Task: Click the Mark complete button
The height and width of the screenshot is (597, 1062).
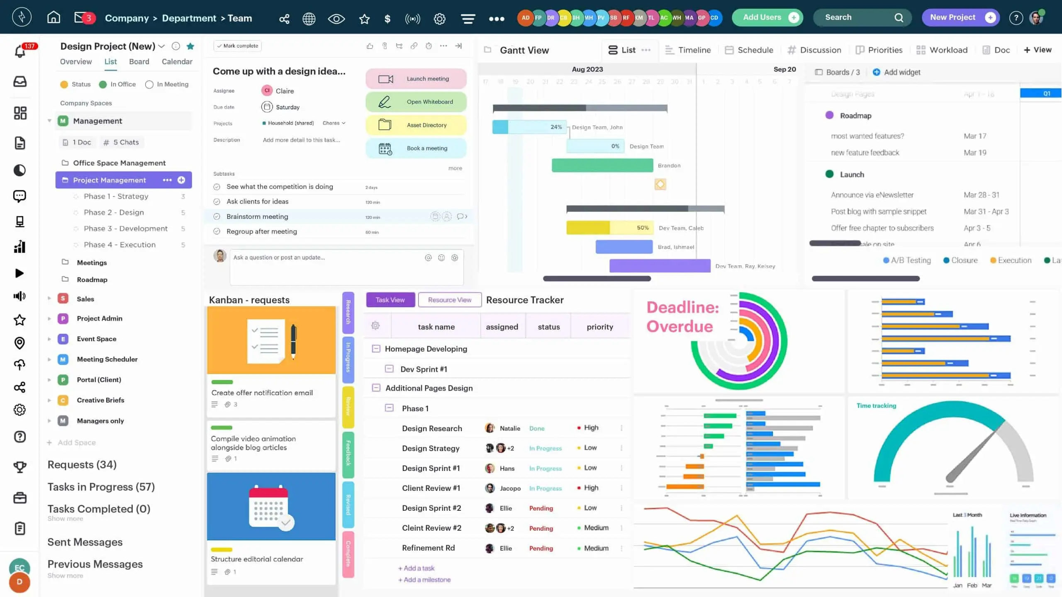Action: coord(238,46)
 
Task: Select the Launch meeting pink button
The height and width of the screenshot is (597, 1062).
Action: coord(416,79)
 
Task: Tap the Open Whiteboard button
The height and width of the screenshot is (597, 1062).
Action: coord(416,102)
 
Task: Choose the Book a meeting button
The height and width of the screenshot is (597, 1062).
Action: coord(416,148)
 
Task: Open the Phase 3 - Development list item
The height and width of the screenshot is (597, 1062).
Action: coord(126,228)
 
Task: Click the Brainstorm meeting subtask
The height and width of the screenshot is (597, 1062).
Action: coord(257,216)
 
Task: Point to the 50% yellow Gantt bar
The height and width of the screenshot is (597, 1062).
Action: coord(610,228)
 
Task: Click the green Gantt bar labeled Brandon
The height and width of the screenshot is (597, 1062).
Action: coord(602,165)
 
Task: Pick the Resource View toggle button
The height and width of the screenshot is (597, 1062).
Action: coord(450,300)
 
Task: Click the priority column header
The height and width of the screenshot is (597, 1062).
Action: coord(600,327)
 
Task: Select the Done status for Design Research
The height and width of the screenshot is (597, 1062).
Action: coord(537,428)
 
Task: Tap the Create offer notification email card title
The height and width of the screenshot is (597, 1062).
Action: coord(262,393)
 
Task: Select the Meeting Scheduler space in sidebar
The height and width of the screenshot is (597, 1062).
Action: coord(107,359)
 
